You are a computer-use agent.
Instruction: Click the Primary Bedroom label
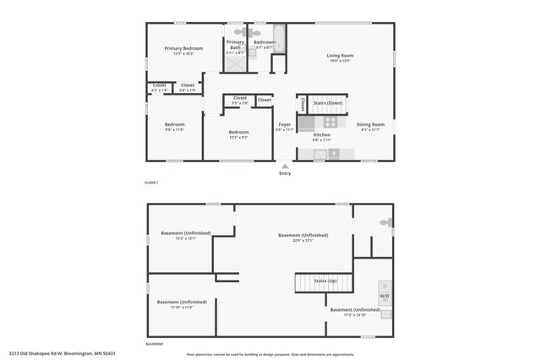pos(183,49)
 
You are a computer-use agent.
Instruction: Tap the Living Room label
pos(340,57)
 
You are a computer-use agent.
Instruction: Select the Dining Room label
pos(370,124)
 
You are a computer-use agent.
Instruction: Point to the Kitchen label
pos(322,134)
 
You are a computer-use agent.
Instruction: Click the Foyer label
pos(285,124)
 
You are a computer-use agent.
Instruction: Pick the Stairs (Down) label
pos(327,102)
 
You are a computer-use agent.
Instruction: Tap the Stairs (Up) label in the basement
pos(325,280)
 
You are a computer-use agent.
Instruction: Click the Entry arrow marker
pos(285,166)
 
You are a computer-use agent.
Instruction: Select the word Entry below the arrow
pos(285,173)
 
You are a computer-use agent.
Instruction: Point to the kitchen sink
pos(319,154)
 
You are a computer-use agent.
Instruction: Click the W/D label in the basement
pos(384,297)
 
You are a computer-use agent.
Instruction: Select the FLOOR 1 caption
pos(151,183)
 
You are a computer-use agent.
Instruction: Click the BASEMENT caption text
pos(155,344)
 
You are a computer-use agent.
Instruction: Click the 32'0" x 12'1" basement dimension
pos(303,241)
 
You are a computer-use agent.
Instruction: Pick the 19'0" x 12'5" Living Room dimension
pos(340,62)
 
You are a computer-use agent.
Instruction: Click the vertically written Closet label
pos(303,104)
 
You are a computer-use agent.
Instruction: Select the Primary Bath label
pos(235,44)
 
